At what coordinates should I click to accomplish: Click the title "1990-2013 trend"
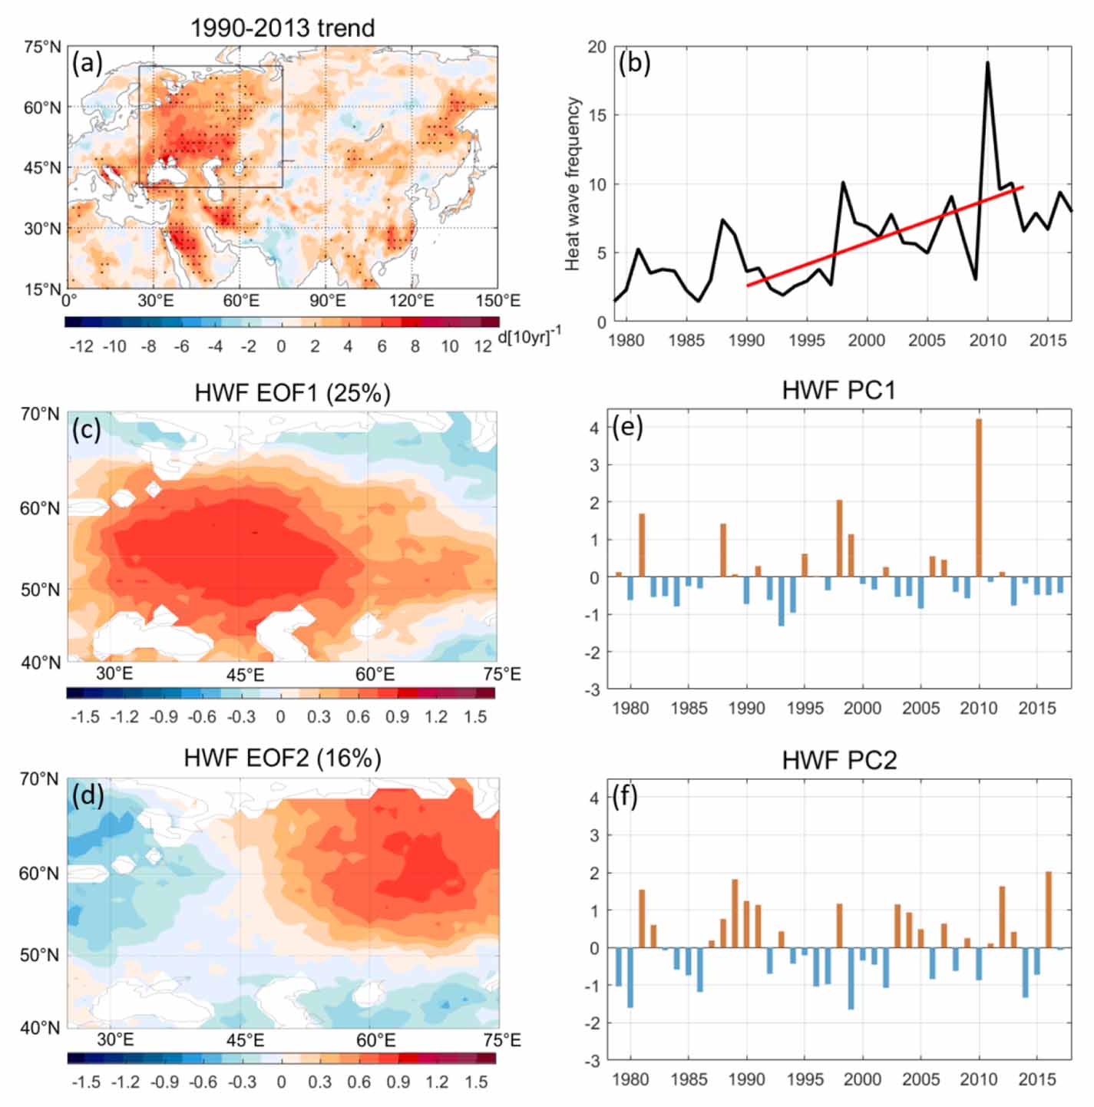click(283, 28)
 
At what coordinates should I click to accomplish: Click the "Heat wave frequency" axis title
click(572, 183)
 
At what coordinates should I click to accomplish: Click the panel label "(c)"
click(87, 429)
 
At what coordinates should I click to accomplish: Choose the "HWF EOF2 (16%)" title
click(283, 758)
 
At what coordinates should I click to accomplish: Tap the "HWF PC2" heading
click(839, 760)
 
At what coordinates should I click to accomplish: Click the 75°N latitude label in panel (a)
click(42, 47)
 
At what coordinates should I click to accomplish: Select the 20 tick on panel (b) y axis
click(597, 47)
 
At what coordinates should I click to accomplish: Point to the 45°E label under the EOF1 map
click(246, 674)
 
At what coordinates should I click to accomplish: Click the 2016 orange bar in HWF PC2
click(1049, 910)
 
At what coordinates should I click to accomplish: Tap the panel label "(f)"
click(626, 797)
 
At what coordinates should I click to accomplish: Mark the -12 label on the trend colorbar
click(81, 346)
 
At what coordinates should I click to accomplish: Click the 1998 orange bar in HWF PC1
click(840, 538)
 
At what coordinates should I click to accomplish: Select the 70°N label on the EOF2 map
click(39, 779)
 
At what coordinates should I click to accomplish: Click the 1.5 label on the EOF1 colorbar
click(475, 716)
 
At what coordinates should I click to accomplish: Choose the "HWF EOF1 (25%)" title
click(293, 393)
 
